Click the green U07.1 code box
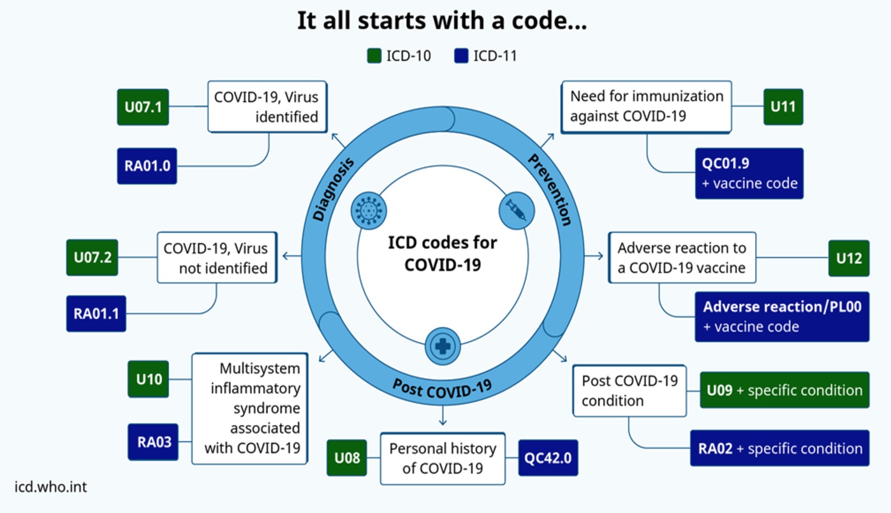coord(143,107)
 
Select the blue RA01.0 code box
coord(147,166)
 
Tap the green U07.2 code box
coord(92,257)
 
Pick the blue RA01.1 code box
coord(96,314)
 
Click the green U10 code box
coord(148,379)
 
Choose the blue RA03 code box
coord(153,442)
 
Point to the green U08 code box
coord(346,458)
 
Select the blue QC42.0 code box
coord(548,458)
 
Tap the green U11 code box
coord(783,107)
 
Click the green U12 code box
coord(849,258)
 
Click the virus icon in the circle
coord(369,210)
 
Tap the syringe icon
coord(517,210)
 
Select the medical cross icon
coord(443,346)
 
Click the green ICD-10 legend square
coord(374,55)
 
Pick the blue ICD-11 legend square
coord(461,55)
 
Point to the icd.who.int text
coord(50,487)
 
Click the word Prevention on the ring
coord(550,190)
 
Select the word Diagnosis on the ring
coord(333,189)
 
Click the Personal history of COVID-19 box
coord(443,459)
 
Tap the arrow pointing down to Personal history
coord(443,415)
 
